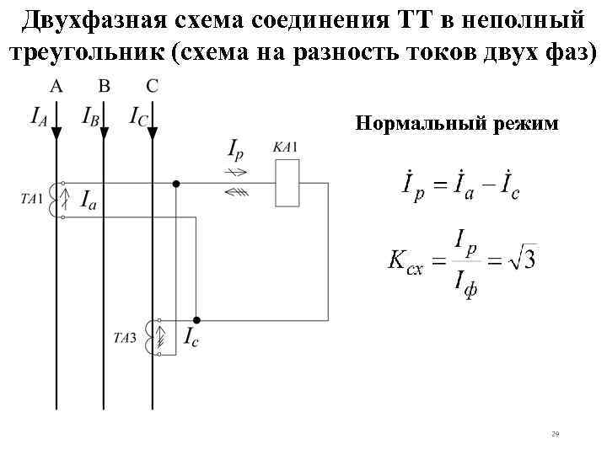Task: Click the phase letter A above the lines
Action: click(56, 85)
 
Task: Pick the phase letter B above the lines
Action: click(104, 85)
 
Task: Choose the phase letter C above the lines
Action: click(151, 85)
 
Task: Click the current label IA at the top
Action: click(39, 115)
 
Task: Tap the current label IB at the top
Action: click(90, 115)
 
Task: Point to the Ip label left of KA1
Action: click(238, 150)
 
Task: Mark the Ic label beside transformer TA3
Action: click(191, 338)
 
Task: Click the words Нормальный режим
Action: click(457, 124)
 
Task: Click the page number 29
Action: click(555, 434)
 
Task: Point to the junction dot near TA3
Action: click(196, 320)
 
